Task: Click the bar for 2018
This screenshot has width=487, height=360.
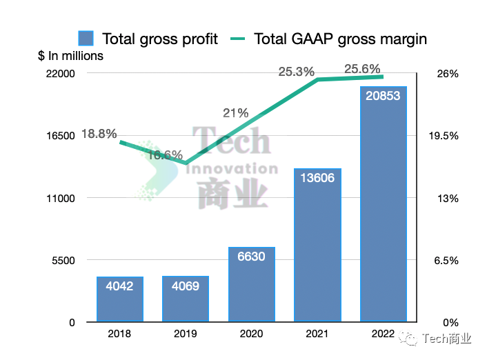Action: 120,300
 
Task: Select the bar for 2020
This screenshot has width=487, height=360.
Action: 252,284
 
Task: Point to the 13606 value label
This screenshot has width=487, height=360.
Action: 318,178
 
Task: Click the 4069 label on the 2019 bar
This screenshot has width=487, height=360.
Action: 186,286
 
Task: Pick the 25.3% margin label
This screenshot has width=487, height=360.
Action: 297,71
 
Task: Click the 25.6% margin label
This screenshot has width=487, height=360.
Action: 363,68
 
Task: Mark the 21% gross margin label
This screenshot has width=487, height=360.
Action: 235,113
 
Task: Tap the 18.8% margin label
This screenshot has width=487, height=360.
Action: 99,134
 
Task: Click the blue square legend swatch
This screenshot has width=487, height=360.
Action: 86,39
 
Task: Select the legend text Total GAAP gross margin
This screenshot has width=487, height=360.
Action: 340,39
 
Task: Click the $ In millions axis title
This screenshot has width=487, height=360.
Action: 70,56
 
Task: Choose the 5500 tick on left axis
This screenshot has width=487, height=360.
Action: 64,260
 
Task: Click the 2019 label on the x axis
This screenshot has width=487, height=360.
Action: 186,335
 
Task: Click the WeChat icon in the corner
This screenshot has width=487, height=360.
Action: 411,338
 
